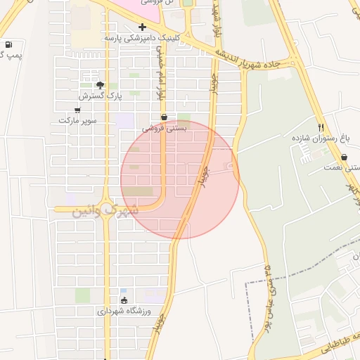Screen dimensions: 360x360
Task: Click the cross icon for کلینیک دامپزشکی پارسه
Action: tap(142, 27)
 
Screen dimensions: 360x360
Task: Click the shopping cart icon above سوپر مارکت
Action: tap(77, 110)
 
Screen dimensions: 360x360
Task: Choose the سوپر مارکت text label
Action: tap(76, 120)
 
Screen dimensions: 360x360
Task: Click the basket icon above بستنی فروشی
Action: tap(165, 117)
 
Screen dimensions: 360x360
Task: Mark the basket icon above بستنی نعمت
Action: tap(345, 157)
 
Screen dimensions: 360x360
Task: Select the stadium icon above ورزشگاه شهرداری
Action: tap(124, 300)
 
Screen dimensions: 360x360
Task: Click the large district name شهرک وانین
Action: tap(105, 209)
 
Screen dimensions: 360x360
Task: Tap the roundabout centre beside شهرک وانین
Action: tap(107, 209)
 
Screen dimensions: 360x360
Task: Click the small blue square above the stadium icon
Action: tap(124, 290)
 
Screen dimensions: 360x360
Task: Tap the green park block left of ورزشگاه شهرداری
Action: tap(83, 295)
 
